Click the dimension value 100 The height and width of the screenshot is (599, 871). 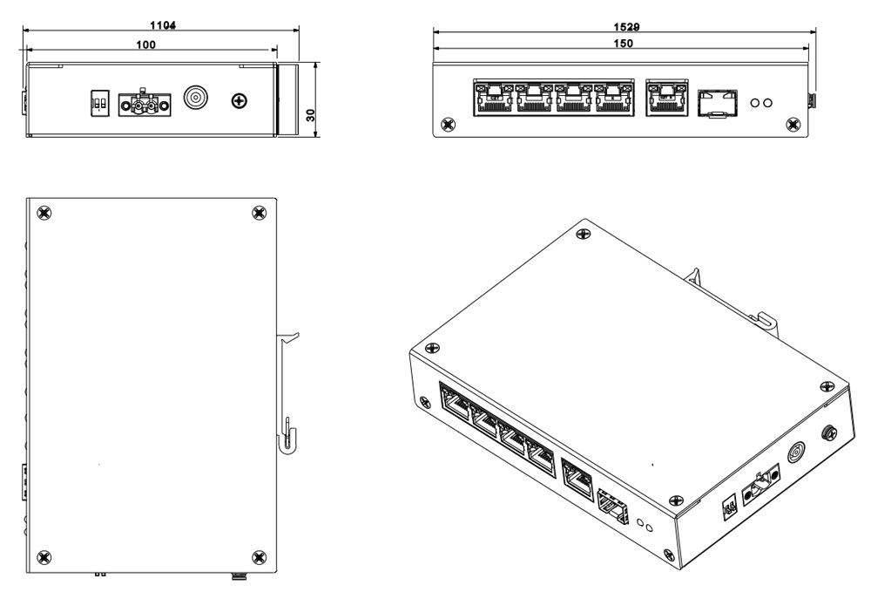145,44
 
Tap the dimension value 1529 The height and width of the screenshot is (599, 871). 625,27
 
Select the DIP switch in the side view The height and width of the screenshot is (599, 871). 99,105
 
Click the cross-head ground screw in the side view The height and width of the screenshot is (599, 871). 238,103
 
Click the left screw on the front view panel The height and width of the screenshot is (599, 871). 449,125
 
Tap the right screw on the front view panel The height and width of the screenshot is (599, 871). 792,125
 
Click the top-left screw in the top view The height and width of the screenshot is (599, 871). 44,212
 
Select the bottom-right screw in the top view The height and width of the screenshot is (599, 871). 257,556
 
